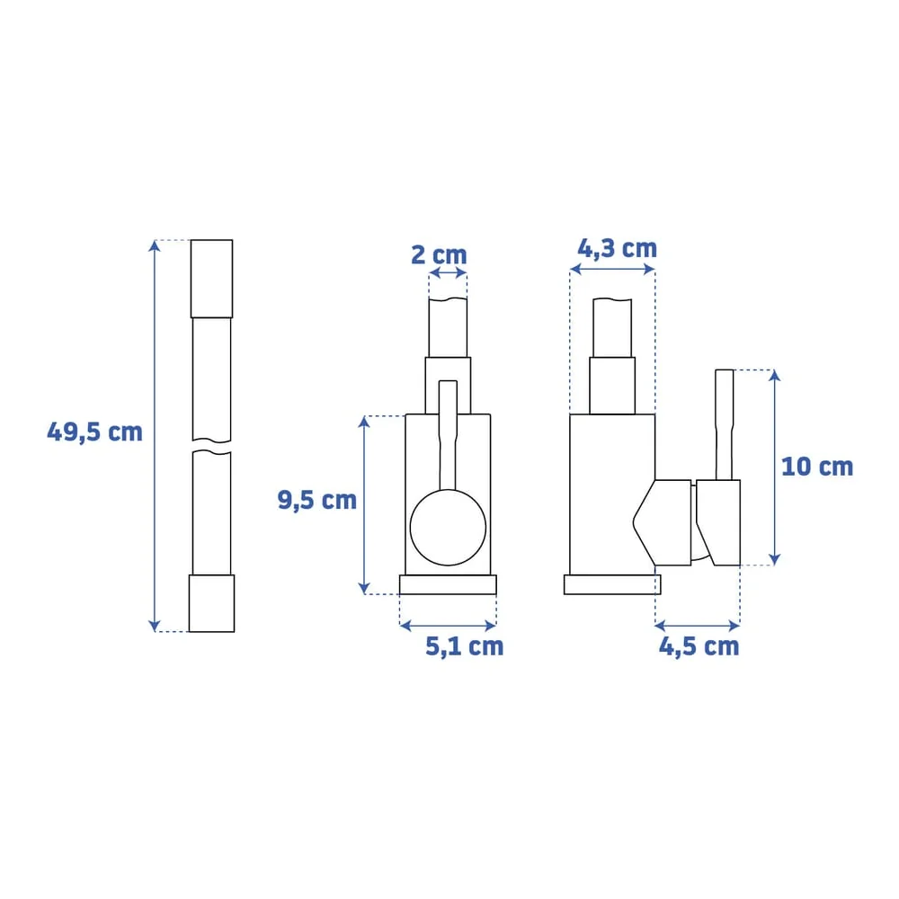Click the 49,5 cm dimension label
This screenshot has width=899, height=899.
click(x=94, y=432)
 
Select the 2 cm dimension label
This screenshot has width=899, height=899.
click(x=440, y=255)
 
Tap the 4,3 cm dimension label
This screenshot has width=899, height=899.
click(x=617, y=249)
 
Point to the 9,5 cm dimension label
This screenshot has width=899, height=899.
click(x=317, y=500)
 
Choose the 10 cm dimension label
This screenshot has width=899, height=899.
click(x=817, y=467)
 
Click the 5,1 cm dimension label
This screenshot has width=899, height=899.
click(x=465, y=646)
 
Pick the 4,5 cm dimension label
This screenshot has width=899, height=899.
click(x=699, y=646)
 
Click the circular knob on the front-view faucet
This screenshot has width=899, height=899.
click(x=448, y=528)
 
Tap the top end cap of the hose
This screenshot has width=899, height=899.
click(x=211, y=279)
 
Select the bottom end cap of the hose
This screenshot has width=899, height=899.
click(x=211, y=603)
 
